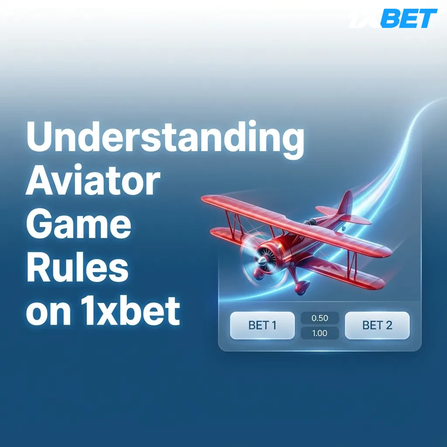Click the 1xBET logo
pos(393,19)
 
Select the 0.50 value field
pos(320,318)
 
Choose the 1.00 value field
pos(320,333)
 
